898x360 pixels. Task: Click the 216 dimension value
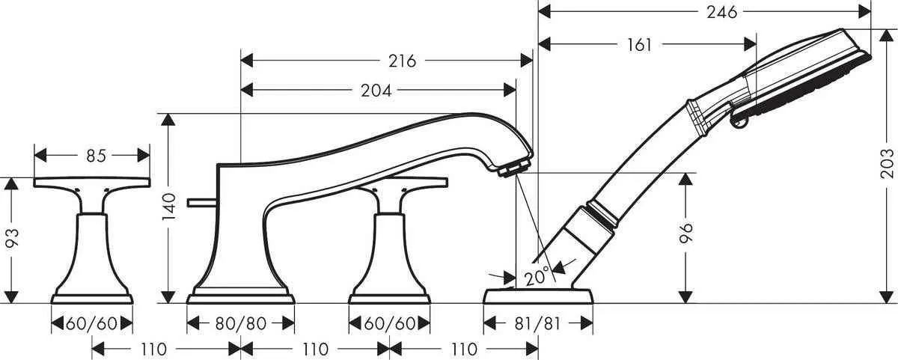[402, 61]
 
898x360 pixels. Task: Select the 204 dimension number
[376, 91]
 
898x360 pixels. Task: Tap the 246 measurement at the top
[721, 12]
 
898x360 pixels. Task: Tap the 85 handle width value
[95, 156]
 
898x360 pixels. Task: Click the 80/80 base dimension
[240, 323]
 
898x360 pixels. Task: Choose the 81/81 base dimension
[539, 324]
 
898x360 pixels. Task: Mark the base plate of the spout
[240, 298]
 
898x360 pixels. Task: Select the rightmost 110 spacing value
[464, 349]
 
